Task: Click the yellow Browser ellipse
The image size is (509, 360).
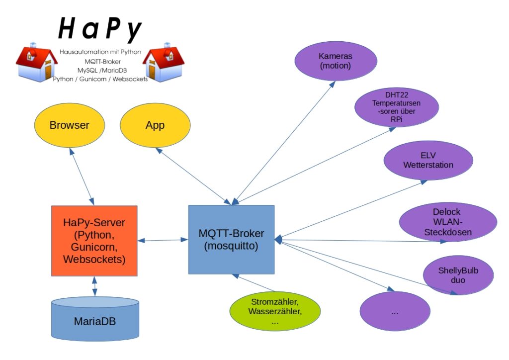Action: click(69, 125)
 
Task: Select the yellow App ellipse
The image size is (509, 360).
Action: click(155, 125)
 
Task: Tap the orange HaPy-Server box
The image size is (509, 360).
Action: click(94, 241)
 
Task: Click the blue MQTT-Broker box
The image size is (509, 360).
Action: click(231, 239)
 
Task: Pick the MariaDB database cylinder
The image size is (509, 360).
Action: click(95, 318)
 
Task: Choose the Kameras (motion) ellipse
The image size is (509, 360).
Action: click(334, 60)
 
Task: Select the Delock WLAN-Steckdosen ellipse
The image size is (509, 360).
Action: click(448, 222)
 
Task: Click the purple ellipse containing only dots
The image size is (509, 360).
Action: click(395, 311)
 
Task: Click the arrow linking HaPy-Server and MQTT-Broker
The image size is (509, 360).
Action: click(163, 241)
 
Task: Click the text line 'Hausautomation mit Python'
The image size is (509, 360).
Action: click(100, 52)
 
